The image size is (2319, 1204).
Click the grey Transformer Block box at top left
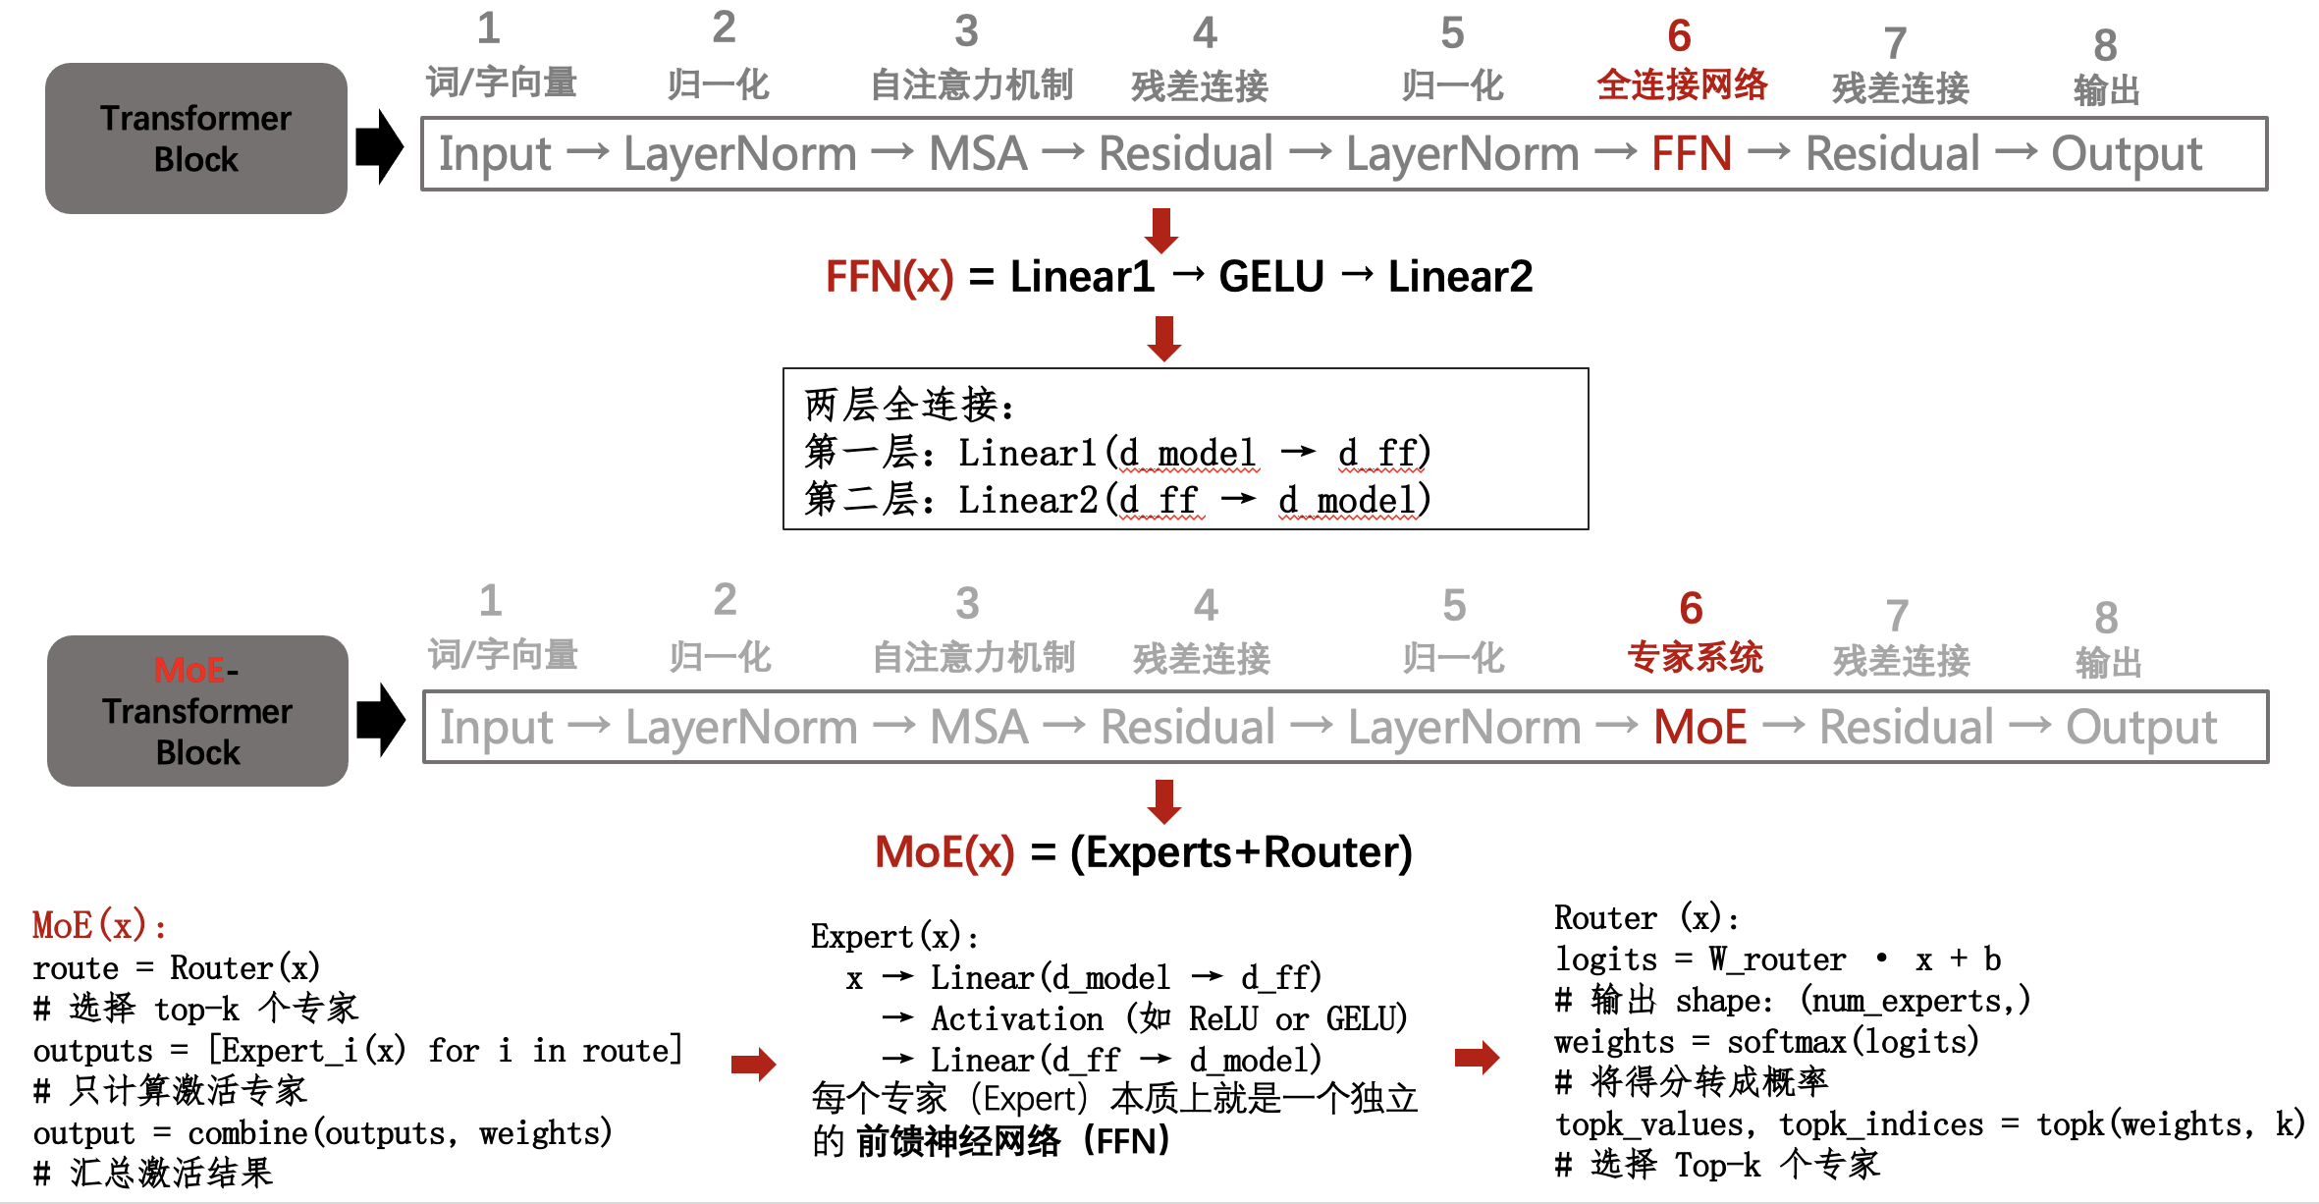tap(195, 138)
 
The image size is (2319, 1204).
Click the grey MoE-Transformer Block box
tap(197, 711)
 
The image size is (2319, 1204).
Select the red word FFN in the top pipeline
tap(1691, 154)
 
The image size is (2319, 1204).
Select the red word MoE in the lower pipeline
tap(1699, 728)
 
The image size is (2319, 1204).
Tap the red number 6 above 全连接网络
tap(1679, 37)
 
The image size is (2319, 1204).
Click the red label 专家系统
tap(1695, 657)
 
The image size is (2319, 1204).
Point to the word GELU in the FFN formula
tap(1270, 277)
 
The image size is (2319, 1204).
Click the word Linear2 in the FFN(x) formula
tap(1459, 277)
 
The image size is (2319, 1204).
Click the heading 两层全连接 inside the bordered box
tap(908, 405)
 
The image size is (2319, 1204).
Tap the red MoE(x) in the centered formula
tap(944, 852)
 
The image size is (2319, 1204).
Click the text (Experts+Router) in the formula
tap(1241, 852)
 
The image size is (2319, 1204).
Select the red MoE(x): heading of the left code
tap(98, 925)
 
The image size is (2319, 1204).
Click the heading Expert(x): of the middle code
tap(893, 937)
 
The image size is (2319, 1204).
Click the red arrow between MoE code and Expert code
tap(754, 1064)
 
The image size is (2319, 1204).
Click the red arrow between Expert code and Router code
tap(1477, 1058)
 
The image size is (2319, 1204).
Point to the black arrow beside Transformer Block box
tap(379, 147)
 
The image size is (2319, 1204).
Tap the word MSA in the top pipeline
tap(978, 154)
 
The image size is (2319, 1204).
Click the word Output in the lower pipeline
tap(2140, 728)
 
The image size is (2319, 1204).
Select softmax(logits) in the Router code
tap(1852, 1042)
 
